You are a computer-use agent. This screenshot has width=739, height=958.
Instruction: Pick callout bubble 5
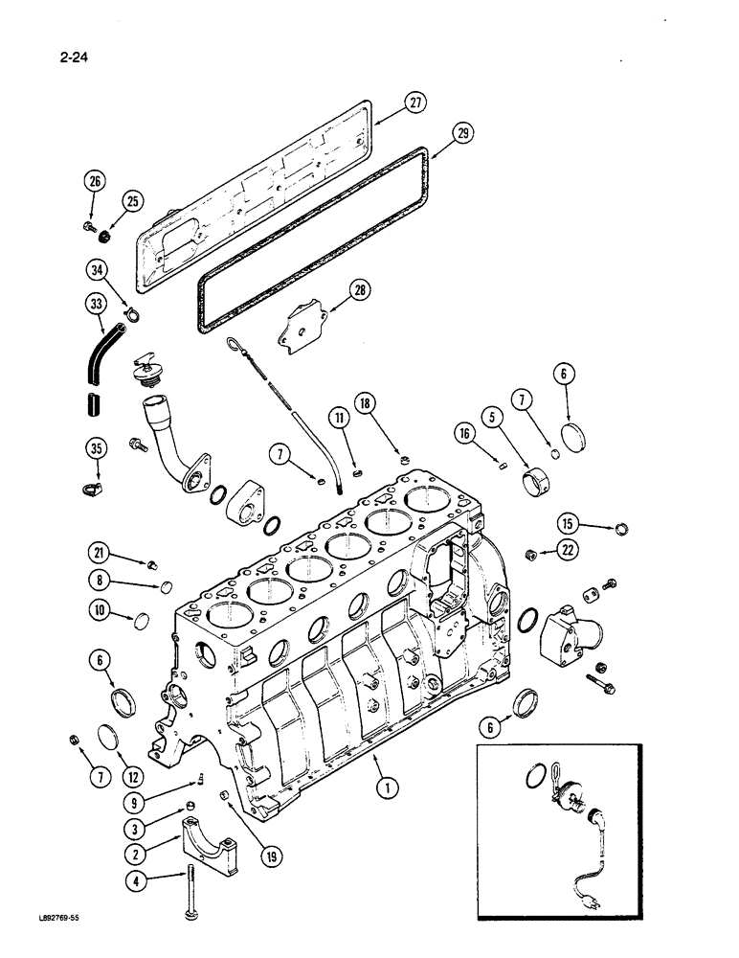point(492,417)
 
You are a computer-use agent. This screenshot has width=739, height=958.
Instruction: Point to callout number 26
point(94,181)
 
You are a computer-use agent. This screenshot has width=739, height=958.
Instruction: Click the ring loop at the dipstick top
point(235,343)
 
